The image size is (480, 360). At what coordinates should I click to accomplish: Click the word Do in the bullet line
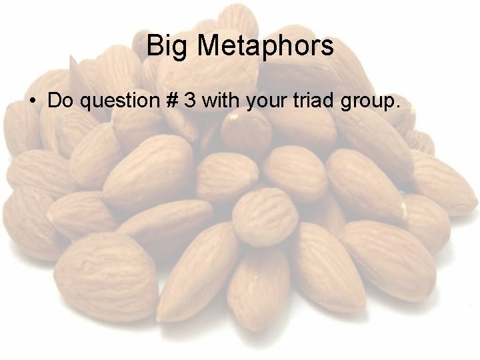(61, 101)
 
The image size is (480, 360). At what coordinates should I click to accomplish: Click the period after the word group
(399, 107)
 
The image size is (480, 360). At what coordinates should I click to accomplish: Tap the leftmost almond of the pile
(27, 213)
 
